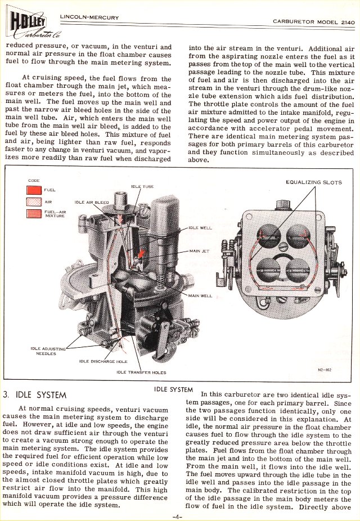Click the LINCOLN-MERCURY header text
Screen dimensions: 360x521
(89, 17)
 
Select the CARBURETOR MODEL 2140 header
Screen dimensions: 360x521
(313, 22)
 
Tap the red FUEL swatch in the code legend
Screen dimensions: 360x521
(34, 190)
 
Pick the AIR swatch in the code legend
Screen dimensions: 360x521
(34, 202)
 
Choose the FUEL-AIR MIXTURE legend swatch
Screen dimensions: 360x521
(34, 214)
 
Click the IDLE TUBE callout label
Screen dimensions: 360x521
(142, 187)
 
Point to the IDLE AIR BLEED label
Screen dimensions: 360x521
(92, 203)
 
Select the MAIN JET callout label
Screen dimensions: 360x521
(199, 251)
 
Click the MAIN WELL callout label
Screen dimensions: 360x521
(200, 295)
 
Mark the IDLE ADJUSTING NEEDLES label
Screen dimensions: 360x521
(48, 351)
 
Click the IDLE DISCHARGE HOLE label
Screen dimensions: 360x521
(103, 361)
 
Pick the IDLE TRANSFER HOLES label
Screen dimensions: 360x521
(141, 372)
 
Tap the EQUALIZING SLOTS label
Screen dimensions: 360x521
(313, 182)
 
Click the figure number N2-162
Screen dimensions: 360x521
(325, 370)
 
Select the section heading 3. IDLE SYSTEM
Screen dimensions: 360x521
(34, 395)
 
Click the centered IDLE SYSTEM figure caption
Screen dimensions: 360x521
(173, 389)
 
